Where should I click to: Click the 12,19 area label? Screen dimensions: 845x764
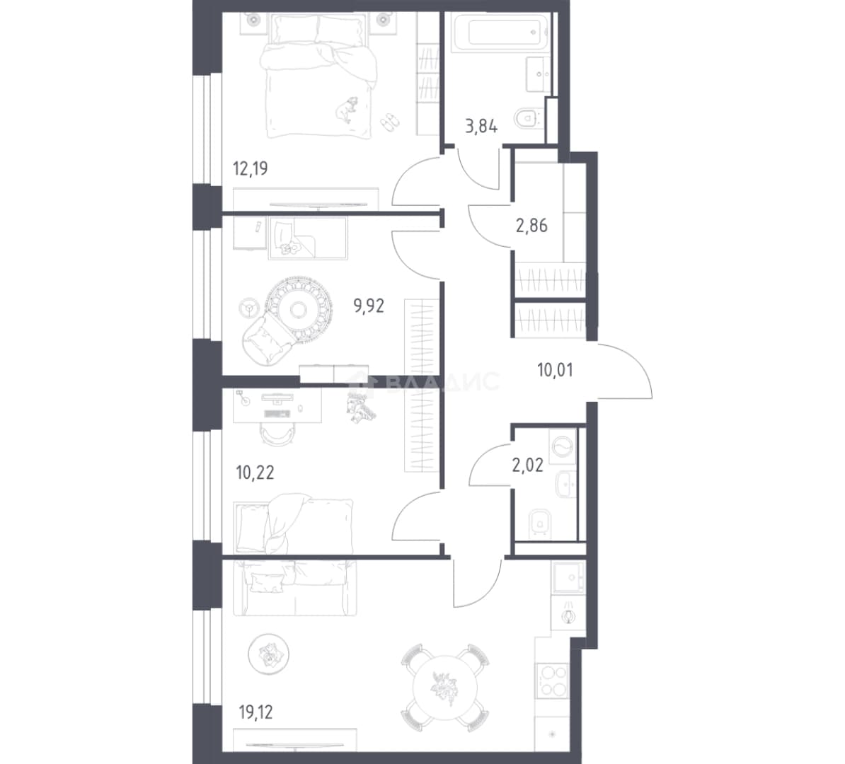[250, 168]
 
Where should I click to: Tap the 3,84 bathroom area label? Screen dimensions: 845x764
[481, 127]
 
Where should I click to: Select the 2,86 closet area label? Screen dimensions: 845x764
[532, 226]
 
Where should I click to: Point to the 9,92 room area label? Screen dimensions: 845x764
[369, 306]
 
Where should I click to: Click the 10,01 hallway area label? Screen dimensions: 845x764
[555, 370]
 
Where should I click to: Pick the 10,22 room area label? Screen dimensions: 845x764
[255, 473]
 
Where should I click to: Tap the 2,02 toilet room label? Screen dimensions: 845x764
[527, 465]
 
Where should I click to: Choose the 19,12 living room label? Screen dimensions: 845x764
[255, 713]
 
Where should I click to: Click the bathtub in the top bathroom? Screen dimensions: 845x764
[500, 33]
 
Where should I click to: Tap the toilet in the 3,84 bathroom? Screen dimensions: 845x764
[528, 119]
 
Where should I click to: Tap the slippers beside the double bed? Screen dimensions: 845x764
[390, 122]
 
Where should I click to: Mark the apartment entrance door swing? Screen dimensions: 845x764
[625, 371]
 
